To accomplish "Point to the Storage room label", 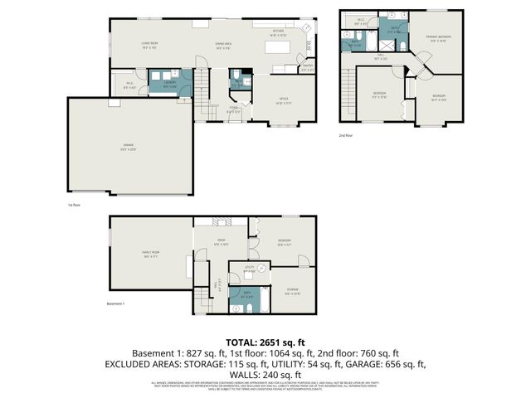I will (x=292, y=292).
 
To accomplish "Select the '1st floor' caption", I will (x=74, y=204).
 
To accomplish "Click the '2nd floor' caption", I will (x=346, y=134).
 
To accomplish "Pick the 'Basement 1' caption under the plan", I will (x=116, y=303).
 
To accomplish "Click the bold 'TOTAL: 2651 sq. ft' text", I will (x=265, y=342).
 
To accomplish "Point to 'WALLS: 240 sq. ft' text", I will (x=265, y=374).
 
